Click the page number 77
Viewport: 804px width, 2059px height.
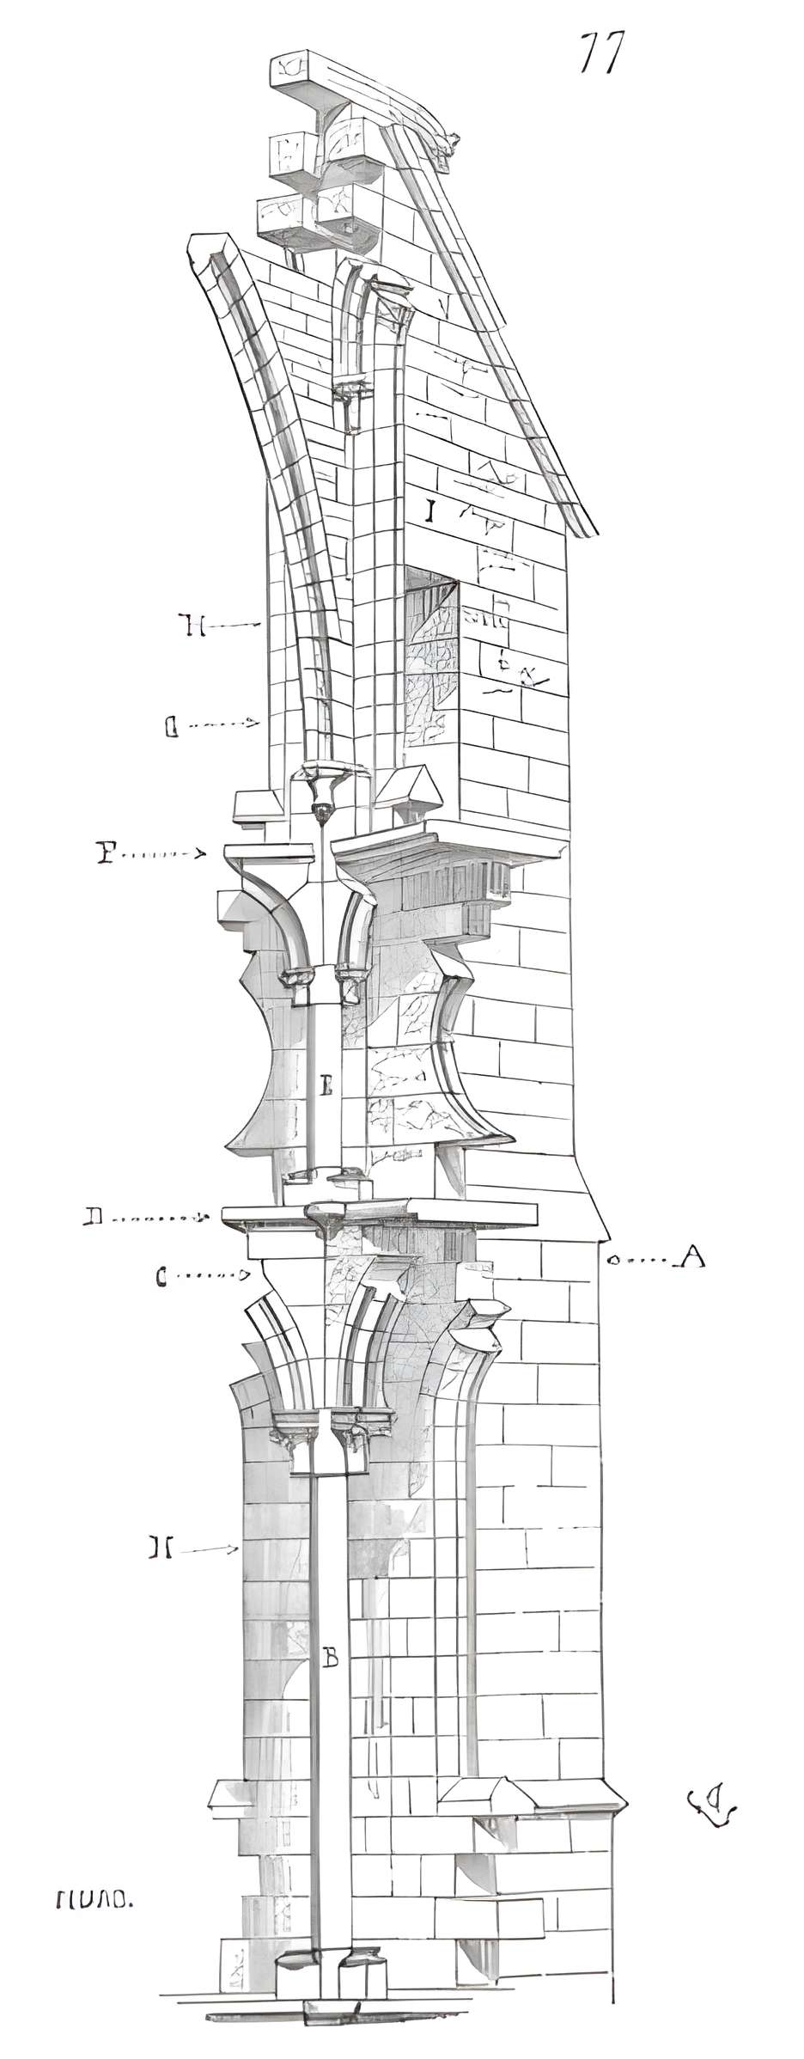point(600,53)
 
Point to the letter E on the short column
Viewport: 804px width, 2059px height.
point(326,1087)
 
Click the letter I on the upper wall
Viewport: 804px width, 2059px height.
point(430,512)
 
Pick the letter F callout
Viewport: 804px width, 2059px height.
point(106,853)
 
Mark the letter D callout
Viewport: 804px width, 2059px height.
point(94,1216)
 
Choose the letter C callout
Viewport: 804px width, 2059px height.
point(161,1277)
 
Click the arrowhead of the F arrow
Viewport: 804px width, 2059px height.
point(201,854)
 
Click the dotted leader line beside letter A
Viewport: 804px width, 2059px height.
point(644,1261)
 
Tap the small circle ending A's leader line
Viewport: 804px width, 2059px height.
point(613,1261)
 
